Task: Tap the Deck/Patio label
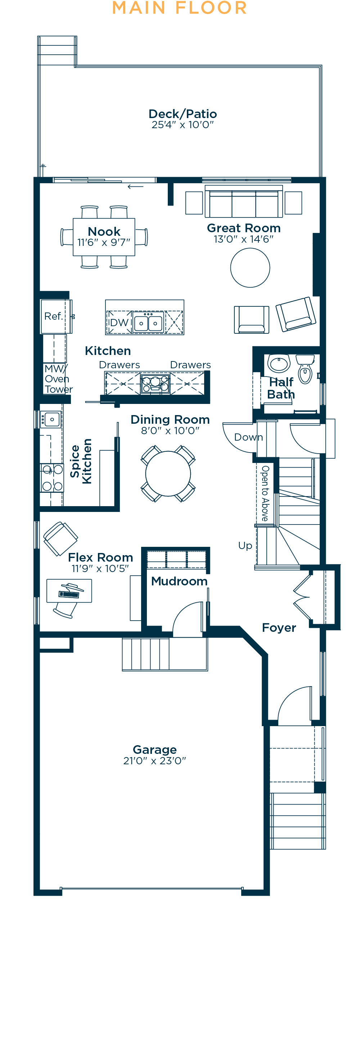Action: (x=183, y=114)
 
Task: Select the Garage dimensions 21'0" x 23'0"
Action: (x=154, y=761)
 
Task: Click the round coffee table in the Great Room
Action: (x=250, y=267)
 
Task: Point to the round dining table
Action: (x=168, y=473)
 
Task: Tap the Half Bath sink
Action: (x=279, y=363)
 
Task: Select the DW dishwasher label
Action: (x=119, y=323)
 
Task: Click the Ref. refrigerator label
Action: (x=54, y=316)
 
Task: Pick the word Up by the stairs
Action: (x=245, y=546)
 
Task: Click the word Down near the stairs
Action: (x=248, y=437)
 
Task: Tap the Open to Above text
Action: (x=265, y=493)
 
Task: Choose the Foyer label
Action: (x=279, y=628)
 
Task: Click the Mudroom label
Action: (x=179, y=581)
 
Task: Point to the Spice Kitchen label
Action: (x=81, y=461)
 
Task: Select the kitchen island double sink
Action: (x=148, y=323)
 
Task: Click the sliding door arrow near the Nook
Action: (x=135, y=186)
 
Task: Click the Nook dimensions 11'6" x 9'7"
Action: (x=104, y=242)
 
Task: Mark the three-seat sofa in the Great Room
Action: (x=244, y=202)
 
